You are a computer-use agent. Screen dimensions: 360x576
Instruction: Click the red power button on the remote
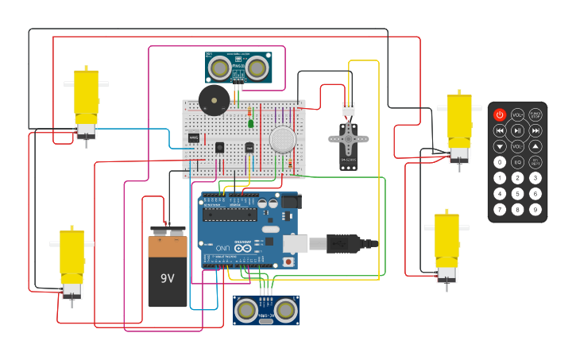(500, 115)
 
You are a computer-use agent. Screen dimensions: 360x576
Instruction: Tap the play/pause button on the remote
(517, 130)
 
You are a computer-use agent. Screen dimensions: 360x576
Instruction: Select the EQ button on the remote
(517, 162)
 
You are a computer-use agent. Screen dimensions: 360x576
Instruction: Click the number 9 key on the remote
(535, 210)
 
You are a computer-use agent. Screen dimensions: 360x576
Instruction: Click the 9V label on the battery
(168, 278)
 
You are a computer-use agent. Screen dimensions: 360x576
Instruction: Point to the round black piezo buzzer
(214, 99)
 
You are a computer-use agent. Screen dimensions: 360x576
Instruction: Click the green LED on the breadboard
(250, 123)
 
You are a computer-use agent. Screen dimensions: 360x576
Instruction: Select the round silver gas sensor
(282, 139)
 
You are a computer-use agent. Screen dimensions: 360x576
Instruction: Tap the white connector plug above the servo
(348, 110)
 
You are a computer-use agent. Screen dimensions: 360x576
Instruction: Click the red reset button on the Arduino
(288, 261)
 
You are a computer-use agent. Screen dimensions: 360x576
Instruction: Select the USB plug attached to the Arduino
(342, 243)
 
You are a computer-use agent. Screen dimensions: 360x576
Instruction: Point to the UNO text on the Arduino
(223, 249)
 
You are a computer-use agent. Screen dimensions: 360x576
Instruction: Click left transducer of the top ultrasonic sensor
(218, 69)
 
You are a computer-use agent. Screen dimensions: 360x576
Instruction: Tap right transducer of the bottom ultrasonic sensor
(285, 308)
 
